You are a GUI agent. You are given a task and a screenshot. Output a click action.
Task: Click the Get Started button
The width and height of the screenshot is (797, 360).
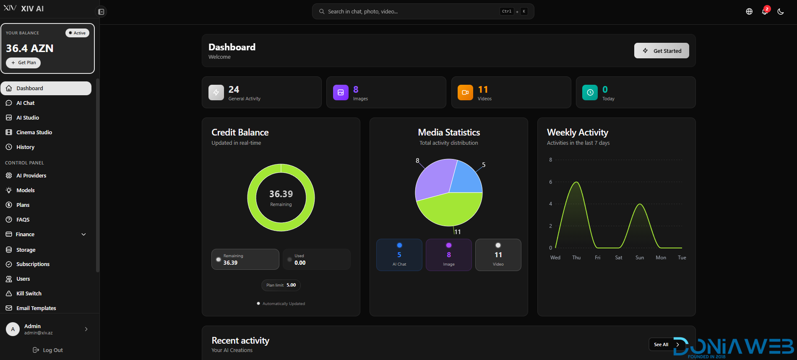coord(662,51)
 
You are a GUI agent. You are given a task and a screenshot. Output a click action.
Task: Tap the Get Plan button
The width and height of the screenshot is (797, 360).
coord(23,63)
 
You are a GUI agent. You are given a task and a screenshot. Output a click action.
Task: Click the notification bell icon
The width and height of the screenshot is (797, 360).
coord(765,11)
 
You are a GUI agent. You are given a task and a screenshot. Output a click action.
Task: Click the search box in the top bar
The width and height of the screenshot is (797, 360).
coord(423,11)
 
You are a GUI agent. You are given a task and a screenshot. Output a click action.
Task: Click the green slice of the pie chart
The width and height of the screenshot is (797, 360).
coord(449,210)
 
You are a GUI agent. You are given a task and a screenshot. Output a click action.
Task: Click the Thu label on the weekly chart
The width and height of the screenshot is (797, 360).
coord(576,258)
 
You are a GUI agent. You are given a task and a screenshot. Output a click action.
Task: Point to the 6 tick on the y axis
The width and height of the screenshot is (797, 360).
coord(551,182)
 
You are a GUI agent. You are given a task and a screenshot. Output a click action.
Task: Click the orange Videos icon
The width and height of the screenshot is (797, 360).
coord(465,93)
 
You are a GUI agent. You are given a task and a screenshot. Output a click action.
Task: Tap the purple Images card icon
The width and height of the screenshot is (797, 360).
coord(341,93)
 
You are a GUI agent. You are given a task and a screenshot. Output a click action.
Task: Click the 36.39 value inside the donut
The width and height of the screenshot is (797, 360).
coord(281,194)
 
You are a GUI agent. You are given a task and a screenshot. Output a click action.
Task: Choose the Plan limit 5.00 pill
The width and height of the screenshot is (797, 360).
coord(281,285)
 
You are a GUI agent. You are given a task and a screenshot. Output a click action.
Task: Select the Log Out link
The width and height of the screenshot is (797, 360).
coord(48,350)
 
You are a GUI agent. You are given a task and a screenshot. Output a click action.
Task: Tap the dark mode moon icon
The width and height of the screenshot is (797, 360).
coord(781,11)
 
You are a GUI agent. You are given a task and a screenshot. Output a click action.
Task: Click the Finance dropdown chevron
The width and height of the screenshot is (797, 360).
coord(83,235)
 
